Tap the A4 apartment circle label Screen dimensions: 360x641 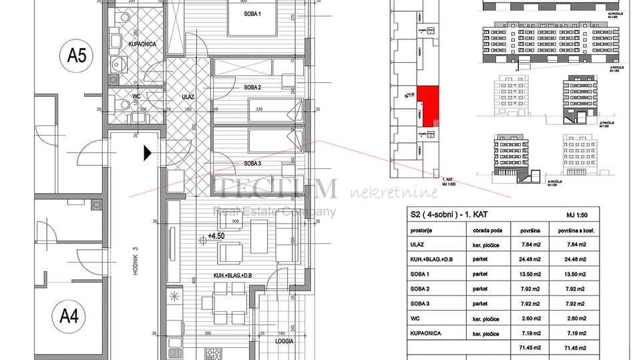[69, 315]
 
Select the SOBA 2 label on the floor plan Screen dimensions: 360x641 [234, 87]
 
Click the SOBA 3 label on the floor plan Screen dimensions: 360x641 [234, 163]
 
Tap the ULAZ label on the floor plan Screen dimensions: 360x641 [188, 96]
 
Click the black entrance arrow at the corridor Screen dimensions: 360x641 [147, 153]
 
